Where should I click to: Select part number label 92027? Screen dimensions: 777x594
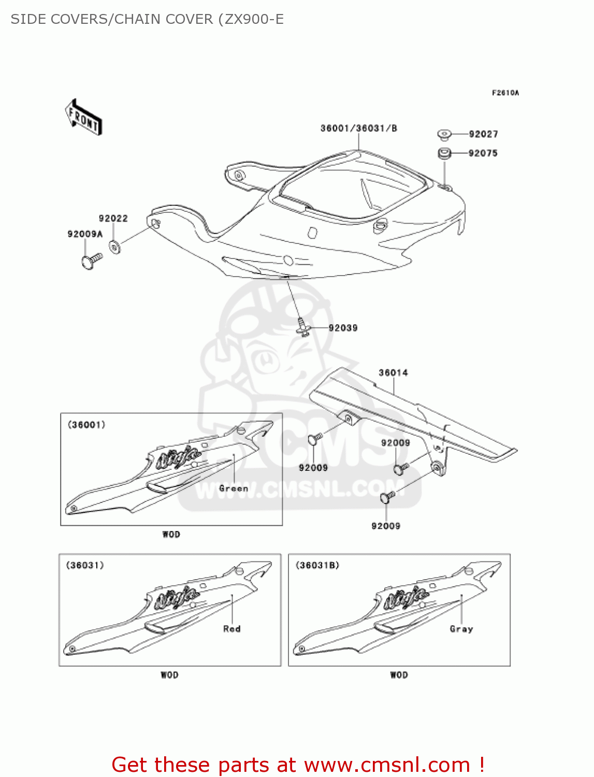483,134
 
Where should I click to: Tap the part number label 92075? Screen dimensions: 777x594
483,153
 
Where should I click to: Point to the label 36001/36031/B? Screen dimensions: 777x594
358,128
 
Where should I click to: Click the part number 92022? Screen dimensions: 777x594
113,219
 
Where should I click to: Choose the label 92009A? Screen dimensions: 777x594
85,234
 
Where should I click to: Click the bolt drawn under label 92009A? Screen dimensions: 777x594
91,261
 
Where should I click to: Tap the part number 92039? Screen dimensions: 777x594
343,328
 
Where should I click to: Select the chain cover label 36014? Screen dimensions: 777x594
393,373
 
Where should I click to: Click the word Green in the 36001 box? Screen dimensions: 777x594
234,488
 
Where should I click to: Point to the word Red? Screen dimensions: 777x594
231,629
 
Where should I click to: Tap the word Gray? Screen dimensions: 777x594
461,629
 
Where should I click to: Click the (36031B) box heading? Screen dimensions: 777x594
317,565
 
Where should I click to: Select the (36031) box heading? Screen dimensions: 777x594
85,565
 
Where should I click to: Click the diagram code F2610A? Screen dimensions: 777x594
505,93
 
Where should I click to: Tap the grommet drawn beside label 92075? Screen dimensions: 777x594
444,153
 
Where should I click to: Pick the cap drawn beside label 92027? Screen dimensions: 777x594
444,135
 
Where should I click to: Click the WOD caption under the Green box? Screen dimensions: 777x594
171,535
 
